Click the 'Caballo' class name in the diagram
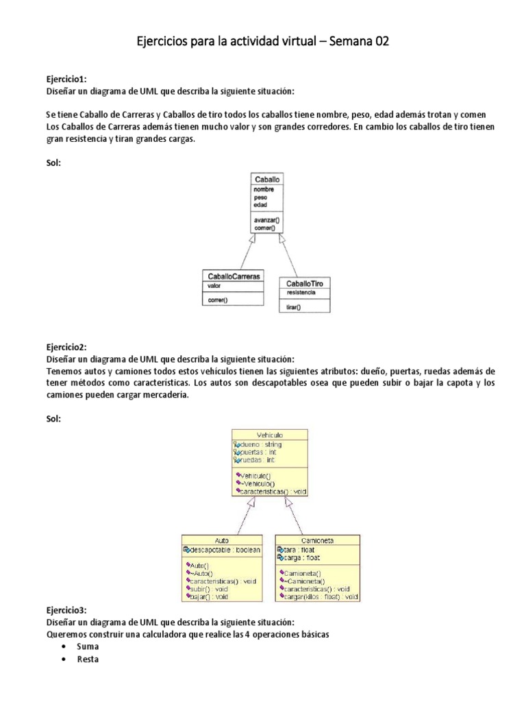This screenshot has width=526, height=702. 267,179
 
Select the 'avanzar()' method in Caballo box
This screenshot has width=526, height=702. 267,221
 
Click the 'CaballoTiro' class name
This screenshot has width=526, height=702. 305,282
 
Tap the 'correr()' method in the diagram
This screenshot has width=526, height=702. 218,300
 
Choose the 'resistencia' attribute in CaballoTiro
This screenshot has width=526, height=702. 301,292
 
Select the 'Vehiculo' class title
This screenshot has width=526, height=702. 269,435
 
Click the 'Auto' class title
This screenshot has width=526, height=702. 221,540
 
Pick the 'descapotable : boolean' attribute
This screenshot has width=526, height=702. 224,549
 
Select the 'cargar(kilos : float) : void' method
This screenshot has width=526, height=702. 320,597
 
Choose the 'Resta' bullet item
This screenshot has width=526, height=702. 88,659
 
